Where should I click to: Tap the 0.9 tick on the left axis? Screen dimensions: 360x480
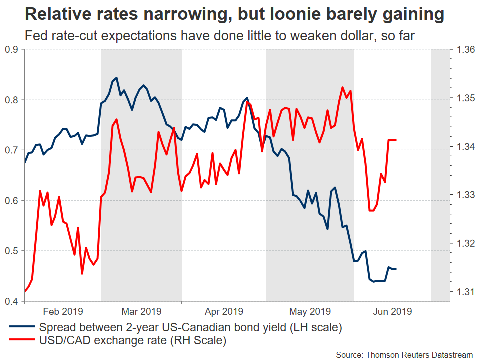tap(11, 49)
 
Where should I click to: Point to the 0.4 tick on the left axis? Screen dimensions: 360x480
tap(11, 301)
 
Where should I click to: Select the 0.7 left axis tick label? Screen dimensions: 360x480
tap(11, 150)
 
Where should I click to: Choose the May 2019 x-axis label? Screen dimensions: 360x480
tap(310, 311)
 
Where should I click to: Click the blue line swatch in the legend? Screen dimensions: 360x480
tap(22, 328)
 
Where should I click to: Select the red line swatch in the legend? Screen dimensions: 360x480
tap(22, 341)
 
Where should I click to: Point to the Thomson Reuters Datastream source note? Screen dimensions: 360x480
tap(404, 354)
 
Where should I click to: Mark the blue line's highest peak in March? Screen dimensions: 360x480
tap(116, 78)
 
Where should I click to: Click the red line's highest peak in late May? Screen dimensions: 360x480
tap(342, 87)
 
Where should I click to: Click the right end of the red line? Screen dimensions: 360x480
tap(396, 140)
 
